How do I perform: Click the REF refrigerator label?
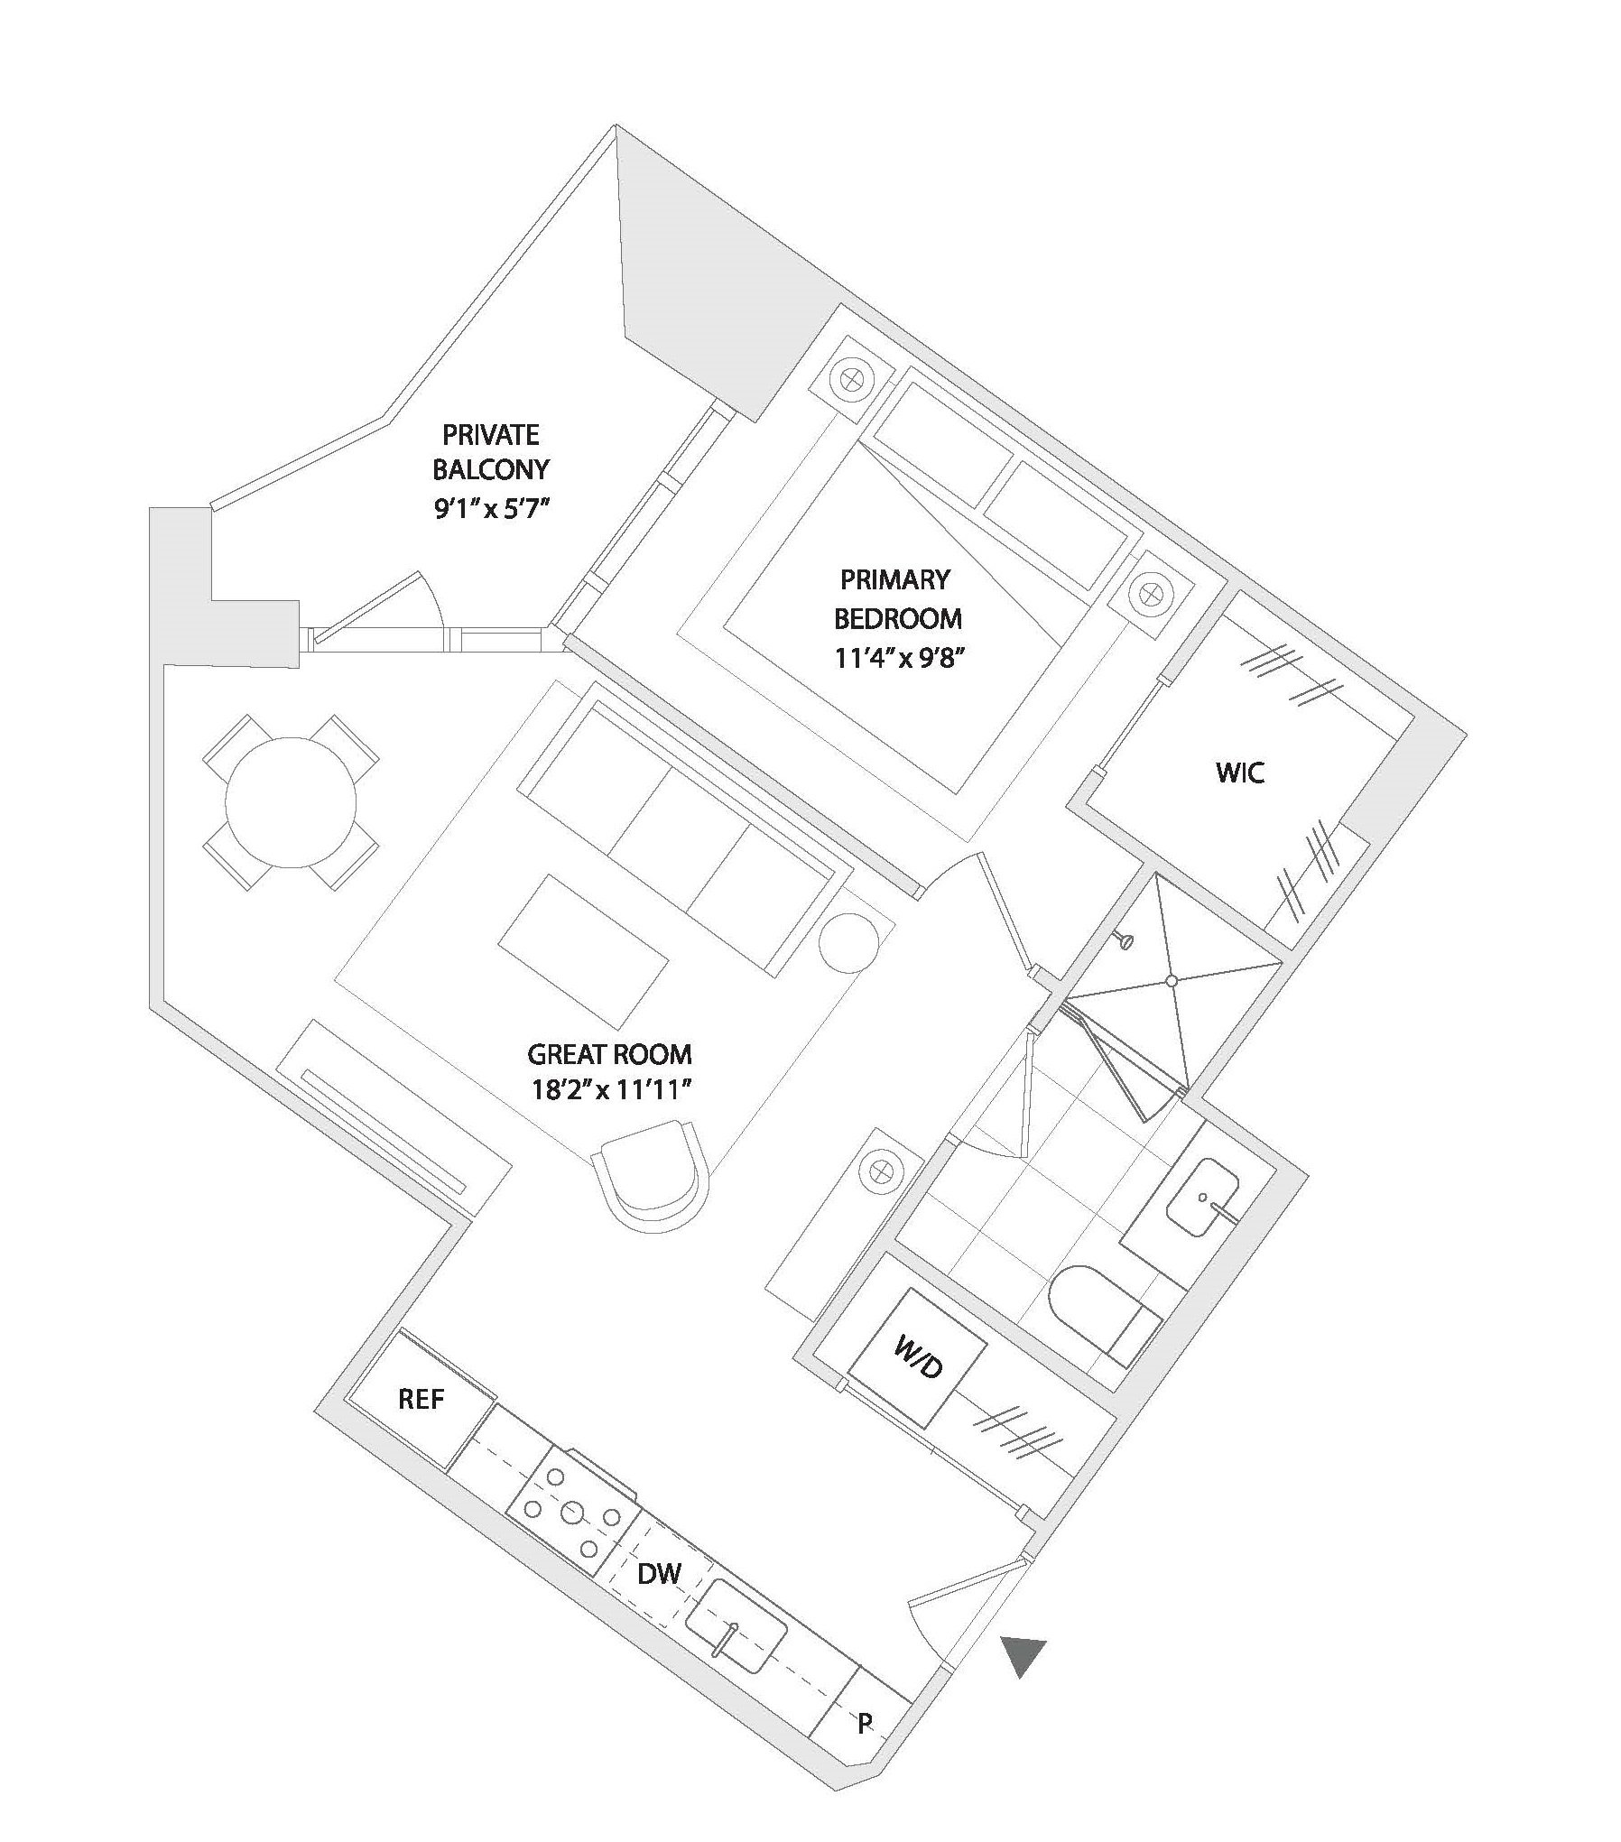click(421, 1399)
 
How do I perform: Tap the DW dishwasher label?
click(659, 1574)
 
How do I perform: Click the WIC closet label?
click(1241, 773)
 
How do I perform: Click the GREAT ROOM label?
click(610, 1054)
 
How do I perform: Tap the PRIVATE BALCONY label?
click(491, 452)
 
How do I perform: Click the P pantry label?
click(865, 1724)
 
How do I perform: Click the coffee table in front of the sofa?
click(583, 951)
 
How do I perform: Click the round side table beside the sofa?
click(848, 941)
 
